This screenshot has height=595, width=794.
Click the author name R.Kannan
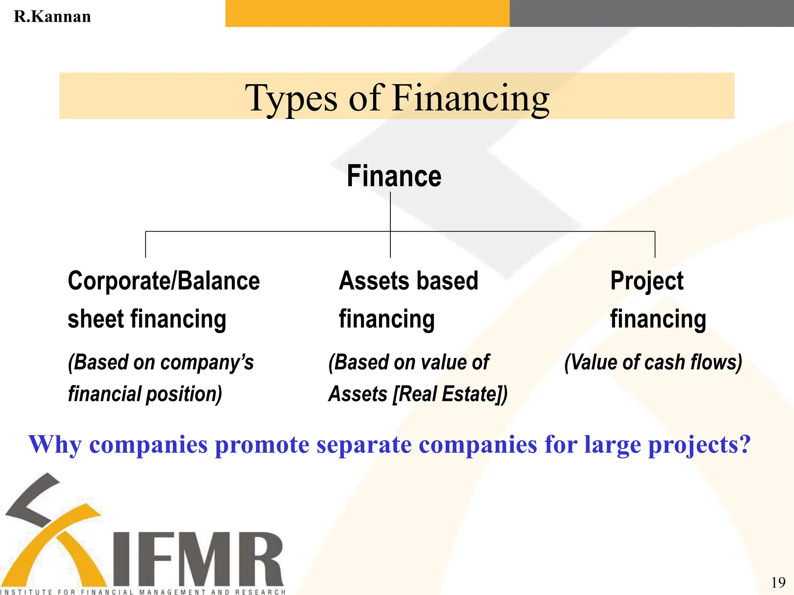(52, 17)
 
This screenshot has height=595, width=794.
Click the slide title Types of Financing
(397, 98)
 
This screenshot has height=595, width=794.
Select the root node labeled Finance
(394, 176)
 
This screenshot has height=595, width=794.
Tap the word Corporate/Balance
(164, 281)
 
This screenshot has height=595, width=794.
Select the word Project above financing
(647, 281)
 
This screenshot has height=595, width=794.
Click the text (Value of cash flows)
(653, 363)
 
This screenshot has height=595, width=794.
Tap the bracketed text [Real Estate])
(450, 394)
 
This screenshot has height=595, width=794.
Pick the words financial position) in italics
(145, 394)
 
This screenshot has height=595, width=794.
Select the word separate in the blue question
(364, 445)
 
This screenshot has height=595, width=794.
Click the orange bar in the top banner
(367, 14)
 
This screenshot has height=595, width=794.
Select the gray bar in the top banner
(651, 14)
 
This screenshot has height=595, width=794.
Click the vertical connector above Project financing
(655, 244)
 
